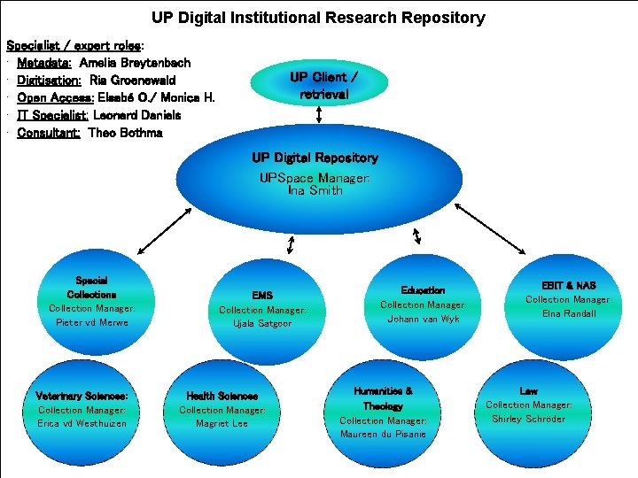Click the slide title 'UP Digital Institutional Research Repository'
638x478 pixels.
pyautogui.click(x=318, y=18)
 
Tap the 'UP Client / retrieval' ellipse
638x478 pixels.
pyautogui.click(x=323, y=85)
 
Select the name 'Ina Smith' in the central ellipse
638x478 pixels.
pyautogui.click(x=315, y=190)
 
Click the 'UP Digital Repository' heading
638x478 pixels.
pyautogui.click(x=315, y=158)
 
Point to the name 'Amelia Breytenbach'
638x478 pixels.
pyautogui.click(x=135, y=63)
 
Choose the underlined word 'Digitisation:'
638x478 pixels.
pyautogui.click(x=49, y=81)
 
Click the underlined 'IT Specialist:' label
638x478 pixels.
pyautogui.click(x=52, y=115)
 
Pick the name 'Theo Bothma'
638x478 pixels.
pyautogui.click(x=125, y=133)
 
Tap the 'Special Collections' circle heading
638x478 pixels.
pyautogui.click(x=91, y=287)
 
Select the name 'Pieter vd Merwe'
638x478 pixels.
pyautogui.click(x=92, y=322)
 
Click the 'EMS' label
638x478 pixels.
pyautogui.click(x=262, y=296)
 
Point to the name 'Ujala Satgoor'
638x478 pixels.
pyautogui.click(x=262, y=324)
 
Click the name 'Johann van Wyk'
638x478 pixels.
pyautogui.click(x=423, y=319)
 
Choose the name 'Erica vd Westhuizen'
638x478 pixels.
pyautogui.click(x=82, y=424)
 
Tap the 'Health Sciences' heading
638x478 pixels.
pyautogui.click(x=222, y=396)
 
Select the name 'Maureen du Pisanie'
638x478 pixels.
pyautogui.click(x=383, y=434)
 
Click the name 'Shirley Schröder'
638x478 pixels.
pyautogui.click(x=528, y=419)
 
